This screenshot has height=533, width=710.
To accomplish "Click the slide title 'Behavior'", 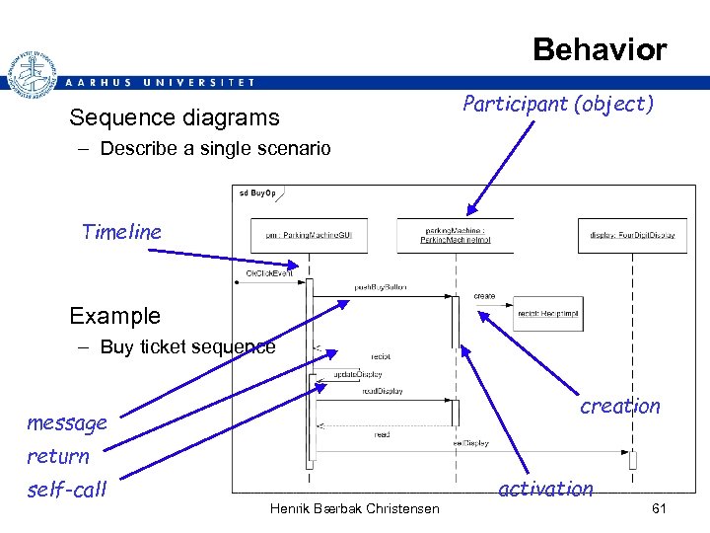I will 599,49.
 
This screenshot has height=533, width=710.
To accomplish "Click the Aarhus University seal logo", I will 30,73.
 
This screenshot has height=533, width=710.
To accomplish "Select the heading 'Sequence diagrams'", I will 174,118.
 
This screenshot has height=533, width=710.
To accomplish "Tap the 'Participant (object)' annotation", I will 557,104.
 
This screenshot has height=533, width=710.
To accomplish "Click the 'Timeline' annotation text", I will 120,232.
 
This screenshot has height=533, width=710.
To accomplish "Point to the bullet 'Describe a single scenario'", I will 215,150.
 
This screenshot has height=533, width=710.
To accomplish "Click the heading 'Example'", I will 114,316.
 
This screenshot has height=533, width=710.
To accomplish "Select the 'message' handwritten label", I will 66,423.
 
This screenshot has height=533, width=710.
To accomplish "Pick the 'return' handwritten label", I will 57,456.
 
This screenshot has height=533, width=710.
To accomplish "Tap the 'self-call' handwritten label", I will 66,490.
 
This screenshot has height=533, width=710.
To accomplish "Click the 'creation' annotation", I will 619,406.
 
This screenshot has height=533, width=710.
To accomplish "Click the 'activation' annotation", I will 545,489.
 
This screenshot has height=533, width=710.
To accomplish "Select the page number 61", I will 660,507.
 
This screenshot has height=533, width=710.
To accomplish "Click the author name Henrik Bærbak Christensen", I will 354,507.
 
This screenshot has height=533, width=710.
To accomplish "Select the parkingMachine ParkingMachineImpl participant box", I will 455,235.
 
